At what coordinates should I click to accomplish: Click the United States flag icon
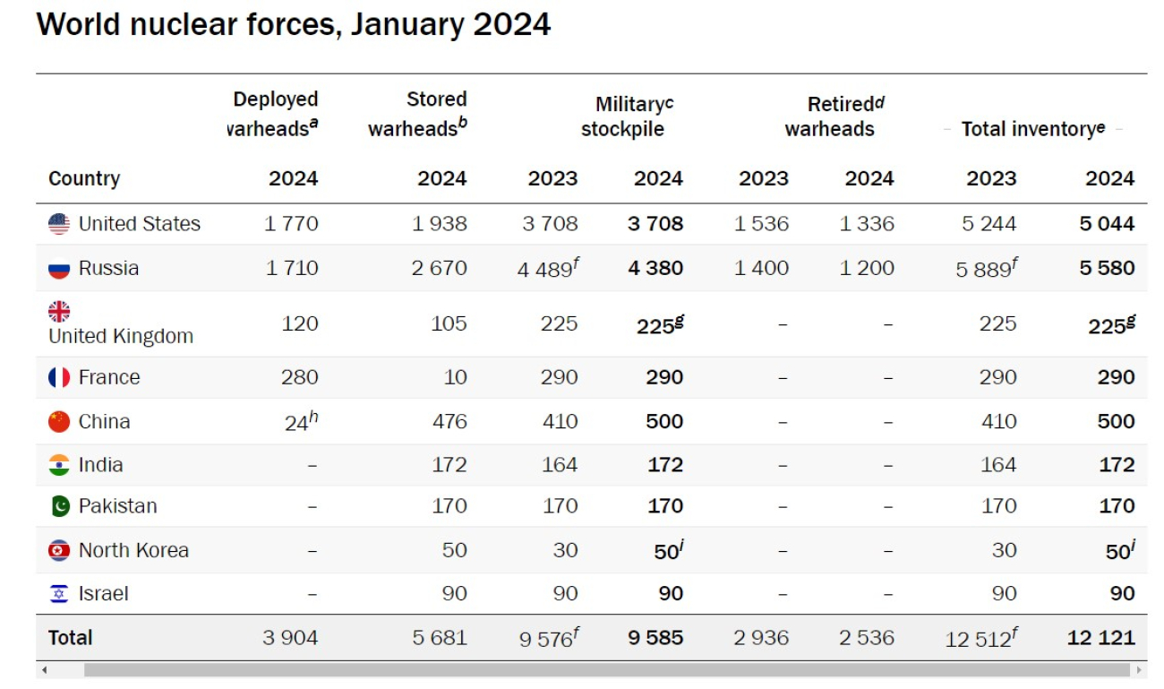(59, 224)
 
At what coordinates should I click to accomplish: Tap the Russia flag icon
(59, 269)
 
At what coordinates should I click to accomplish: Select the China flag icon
(59, 421)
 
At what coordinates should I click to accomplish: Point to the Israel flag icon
(59, 593)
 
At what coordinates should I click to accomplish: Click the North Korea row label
(133, 550)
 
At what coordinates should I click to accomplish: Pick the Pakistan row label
(117, 506)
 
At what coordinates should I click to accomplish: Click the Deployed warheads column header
(273, 114)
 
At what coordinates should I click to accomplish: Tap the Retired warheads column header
(830, 116)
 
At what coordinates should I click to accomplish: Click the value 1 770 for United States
(291, 224)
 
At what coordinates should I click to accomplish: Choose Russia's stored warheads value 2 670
(439, 269)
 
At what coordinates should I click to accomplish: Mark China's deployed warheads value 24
(297, 422)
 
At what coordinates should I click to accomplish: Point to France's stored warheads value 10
(455, 377)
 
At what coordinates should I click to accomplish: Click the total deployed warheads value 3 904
(290, 638)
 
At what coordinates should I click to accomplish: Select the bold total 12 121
(1100, 638)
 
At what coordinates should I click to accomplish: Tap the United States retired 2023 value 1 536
(761, 224)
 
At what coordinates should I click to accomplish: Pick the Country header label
(84, 178)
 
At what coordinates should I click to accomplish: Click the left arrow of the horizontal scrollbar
(44, 670)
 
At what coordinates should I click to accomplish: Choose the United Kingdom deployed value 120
(300, 323)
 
